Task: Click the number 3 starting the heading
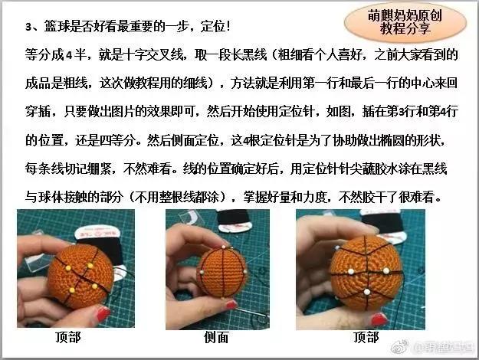click(28, 28)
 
